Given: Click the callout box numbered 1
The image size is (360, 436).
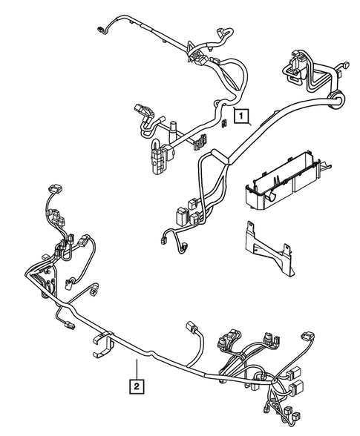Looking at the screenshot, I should pyautogui.click(x=240, y=115).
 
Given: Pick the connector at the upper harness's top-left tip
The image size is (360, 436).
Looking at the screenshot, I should pyautogui.click(x=102, y=30).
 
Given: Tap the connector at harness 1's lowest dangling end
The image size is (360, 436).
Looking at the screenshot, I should pyautogui.click(x=164, y=238).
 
